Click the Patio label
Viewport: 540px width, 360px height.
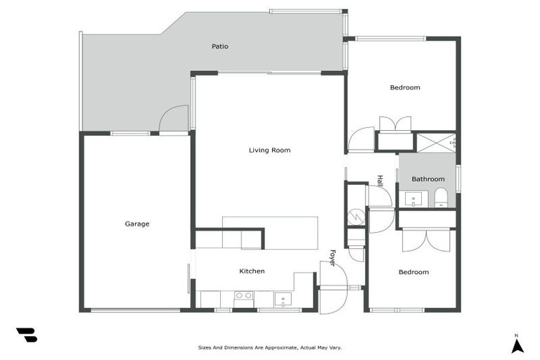(x=220, y=46)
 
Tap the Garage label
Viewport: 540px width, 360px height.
(x=137, y=224)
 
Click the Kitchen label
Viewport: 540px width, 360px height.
(x=252, y=271)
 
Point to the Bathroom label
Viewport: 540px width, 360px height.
(x=427, y=179)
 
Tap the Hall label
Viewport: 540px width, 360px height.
(x=380, y=181)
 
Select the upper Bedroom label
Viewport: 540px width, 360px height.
(x=405, y=87)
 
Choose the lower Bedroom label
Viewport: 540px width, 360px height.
(x=413, y=272)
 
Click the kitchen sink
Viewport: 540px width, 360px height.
(x=283, y=299)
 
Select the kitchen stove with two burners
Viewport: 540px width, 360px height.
(x=244, y=296)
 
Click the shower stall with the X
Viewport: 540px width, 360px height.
(x=435, y=142)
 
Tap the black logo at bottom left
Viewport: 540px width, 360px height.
(x=26, y=335)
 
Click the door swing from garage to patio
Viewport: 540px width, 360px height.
(x=174, y=120)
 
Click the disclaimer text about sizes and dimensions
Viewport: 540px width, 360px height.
(x=269, y=347)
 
